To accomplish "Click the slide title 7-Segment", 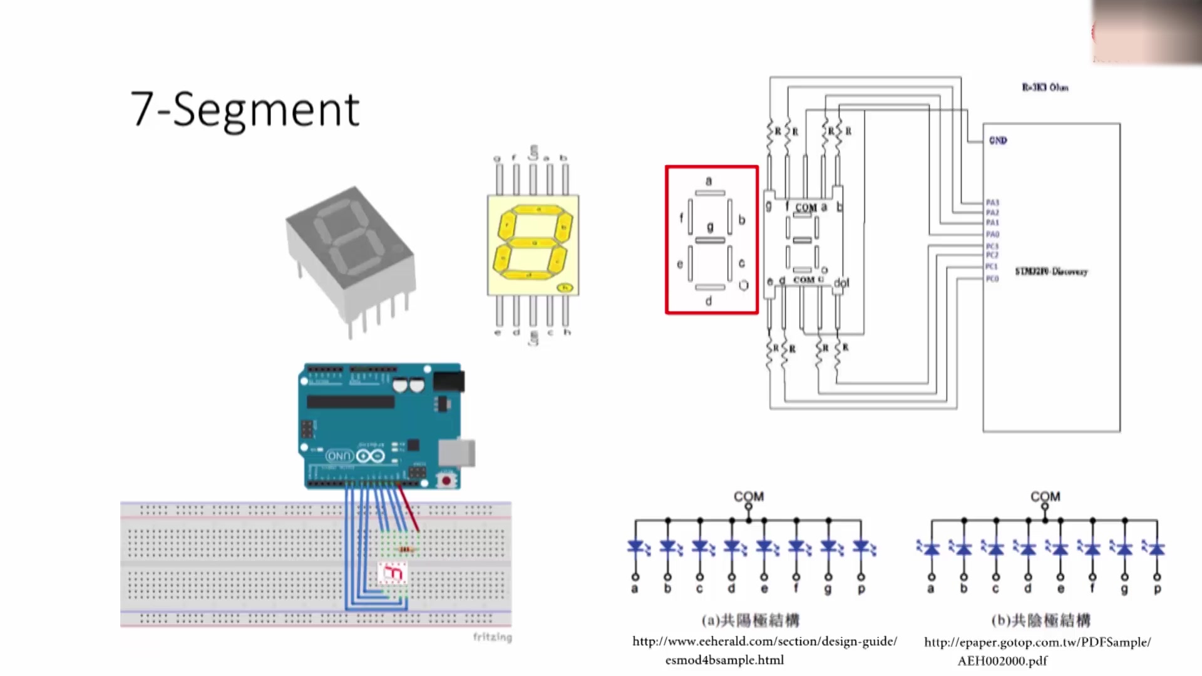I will coord(245,110).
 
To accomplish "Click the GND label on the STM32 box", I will coord(998,140).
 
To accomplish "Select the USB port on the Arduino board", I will coord(456,453).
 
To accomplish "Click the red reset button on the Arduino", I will coord(446,481).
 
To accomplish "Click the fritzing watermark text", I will coord(492,637).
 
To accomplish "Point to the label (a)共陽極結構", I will coord(750,620).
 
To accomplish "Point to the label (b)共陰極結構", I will coord(1040,620).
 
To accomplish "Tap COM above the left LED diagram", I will coord(749,496).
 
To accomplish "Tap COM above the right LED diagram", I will coord(1045,496).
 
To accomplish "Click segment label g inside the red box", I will coord(710,227).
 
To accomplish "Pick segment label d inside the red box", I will coord(709,301).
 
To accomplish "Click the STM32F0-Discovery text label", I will coord(1051,271).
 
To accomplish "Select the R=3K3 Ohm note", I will coord(1045,88).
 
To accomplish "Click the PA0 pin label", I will coord(992,234).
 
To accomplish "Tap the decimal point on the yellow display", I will coord(565,288).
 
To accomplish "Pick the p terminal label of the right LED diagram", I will coord(1157,589).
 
